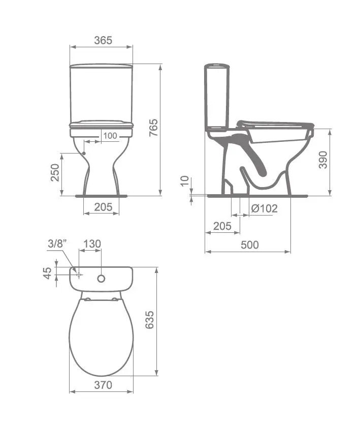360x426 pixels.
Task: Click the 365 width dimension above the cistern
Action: point(103,40)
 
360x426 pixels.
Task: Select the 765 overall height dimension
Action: point(153,129)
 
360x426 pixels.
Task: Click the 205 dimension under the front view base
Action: point(103,207)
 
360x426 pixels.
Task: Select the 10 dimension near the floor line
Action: point(185,181)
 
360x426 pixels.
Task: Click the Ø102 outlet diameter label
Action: point(264,208)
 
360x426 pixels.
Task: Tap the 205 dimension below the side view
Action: point(222,226)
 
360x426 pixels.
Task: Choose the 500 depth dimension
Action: point(249,245)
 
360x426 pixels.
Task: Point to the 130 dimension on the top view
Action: point(92,244)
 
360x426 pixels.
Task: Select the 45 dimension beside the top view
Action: point(47,273)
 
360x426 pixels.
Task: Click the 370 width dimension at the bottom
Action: point(103,385)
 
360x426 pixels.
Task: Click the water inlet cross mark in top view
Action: point(79,275)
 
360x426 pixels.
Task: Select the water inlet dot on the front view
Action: point(83,153)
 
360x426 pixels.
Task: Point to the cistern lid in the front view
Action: point(101,66)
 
